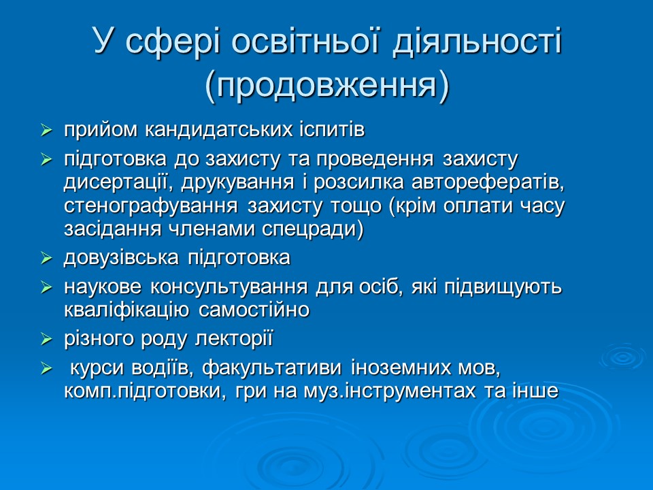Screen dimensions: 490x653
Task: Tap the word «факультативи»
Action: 275,368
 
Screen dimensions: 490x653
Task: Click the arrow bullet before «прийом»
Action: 46,129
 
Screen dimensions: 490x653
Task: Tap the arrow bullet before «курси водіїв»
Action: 46,369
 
